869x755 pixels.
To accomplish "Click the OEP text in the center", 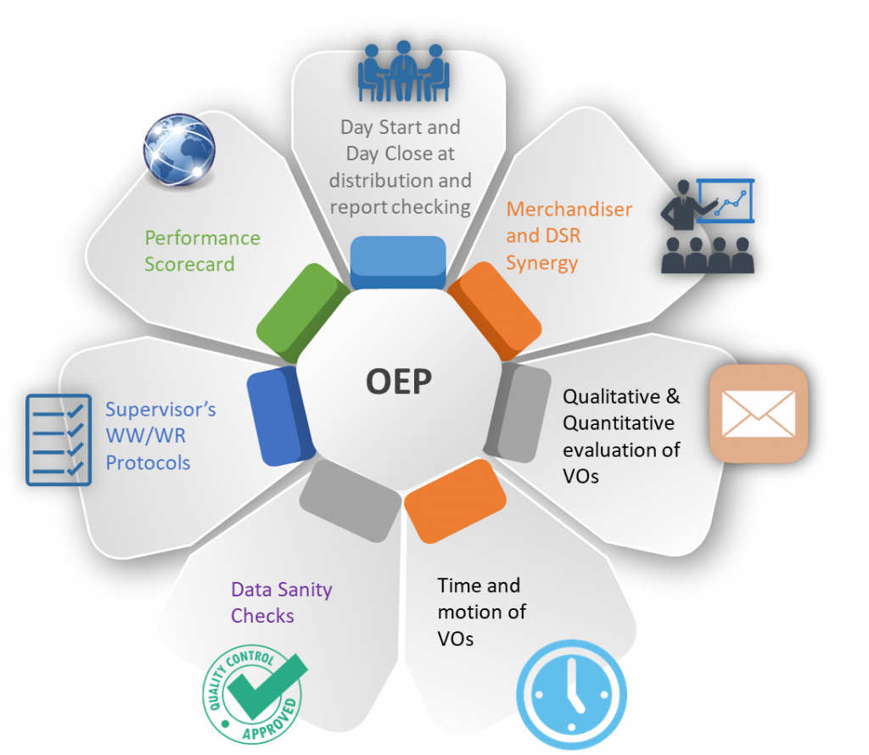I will pyautogui.click(x=398, y=381).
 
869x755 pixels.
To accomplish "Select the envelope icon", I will pyautogui.click(x=758, y=413).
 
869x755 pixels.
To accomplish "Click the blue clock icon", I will pyautogui.click(x=572, y=694).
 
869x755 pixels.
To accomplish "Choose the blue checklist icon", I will pyautogui.click(x=59, y=439).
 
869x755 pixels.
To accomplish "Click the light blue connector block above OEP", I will pyautogui.click(x=398, y=261).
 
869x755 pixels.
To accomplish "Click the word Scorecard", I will pyautogui.click(x=189, y=264).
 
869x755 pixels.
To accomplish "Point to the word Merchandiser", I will pyautogui.click(x=569, y=210).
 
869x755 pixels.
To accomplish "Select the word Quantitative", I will pyautogui.click(x=619, y=422).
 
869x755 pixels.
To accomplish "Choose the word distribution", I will pyautogui.click(x=378, y=181).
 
